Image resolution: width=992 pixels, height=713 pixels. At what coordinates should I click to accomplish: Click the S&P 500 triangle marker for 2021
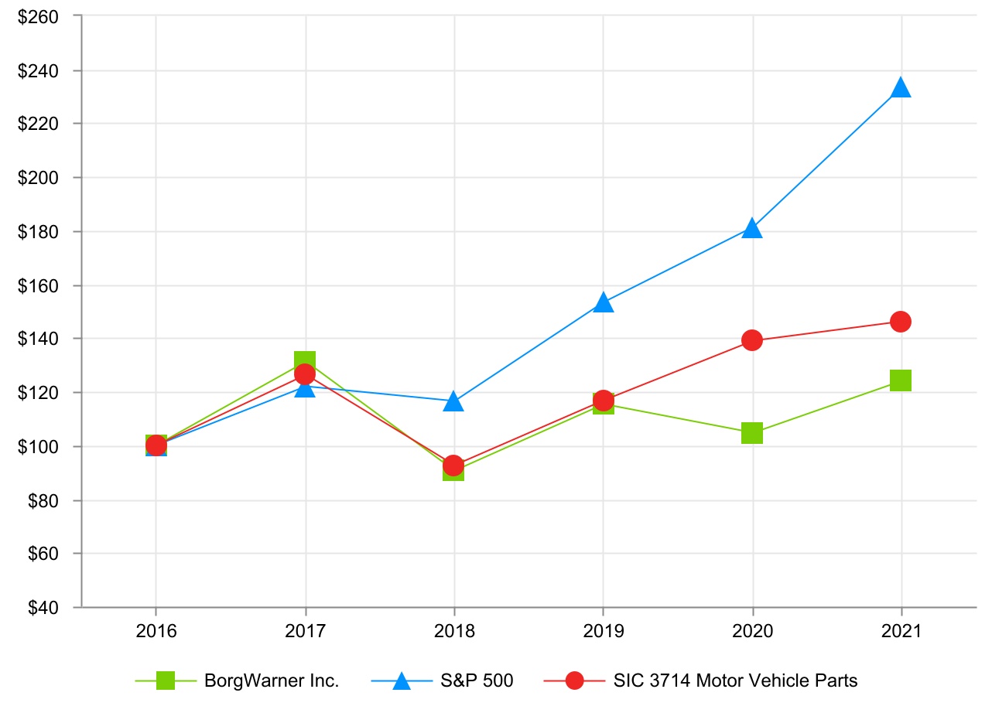pyautogui.click(x=901, y=88)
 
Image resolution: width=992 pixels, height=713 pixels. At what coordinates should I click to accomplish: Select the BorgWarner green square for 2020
pyautogui.click(x=752, y=433)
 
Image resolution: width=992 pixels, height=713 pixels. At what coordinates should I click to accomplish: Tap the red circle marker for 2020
pyautogui.click(x=752, y=340)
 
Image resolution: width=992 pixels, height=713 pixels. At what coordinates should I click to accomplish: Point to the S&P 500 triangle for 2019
pyautogui.click(x=604, y=303)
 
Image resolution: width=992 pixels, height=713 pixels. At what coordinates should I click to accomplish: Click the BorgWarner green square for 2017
pyautogui.click(x=305, y=360)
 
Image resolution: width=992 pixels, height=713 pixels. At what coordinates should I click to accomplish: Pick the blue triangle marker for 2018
pyautogui.click(x=454, y=403)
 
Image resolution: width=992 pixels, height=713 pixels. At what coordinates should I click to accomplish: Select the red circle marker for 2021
pyautogui.click(x=901, y=322)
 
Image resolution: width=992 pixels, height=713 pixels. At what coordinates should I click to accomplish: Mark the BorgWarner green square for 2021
pyautogui.click(x=901, y=380)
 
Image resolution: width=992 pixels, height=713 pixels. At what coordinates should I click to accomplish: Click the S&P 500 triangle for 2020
pyautogui.click(x=752, y=229)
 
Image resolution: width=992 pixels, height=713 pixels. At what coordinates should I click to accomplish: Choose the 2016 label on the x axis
pyautogui.click(x=156, y=632)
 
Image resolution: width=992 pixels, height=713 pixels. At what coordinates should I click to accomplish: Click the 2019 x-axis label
pyautogui.click(x=604, y=632)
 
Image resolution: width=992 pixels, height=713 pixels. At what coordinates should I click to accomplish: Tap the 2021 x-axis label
pyautogui.click(x=901, y=632)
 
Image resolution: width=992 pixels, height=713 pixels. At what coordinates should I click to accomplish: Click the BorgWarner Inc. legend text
pyautogui.click(x=272, y=681)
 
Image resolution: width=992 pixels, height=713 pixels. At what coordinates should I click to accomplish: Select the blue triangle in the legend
pyautogui.click(x=401, y=681)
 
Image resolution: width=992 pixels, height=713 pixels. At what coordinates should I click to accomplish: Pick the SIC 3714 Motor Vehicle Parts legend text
pyautogui.click(x=735, y=681)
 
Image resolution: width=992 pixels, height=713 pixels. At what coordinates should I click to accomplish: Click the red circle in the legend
pyautogui.click(x=574, y=681)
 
